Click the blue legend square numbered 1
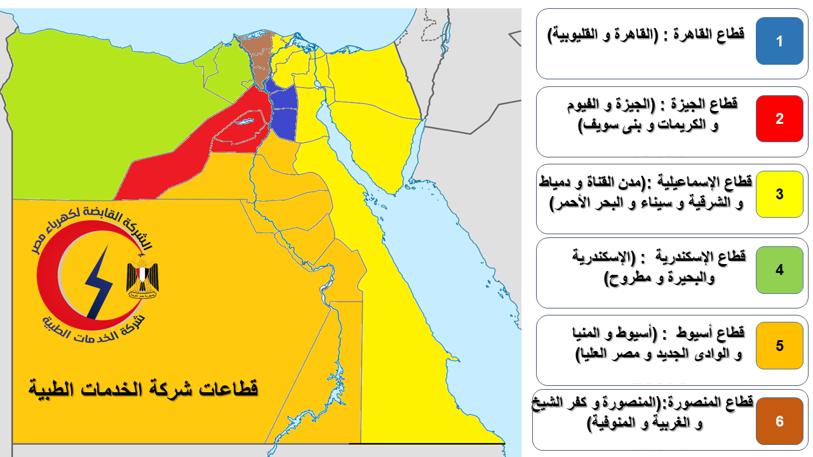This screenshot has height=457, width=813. (x=779, y=41)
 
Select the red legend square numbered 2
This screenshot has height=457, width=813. (x=779, y=119)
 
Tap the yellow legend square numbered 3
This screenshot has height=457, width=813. (x=779, y=194)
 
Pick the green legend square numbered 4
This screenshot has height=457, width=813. (x=779, y=270)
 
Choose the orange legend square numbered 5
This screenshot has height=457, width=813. (x=779, y=345)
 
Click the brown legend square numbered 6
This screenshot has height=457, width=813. (x=779, y=421)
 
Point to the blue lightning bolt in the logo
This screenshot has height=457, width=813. (x=98, y=283)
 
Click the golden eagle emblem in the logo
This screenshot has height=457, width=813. (x=142, y=276)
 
